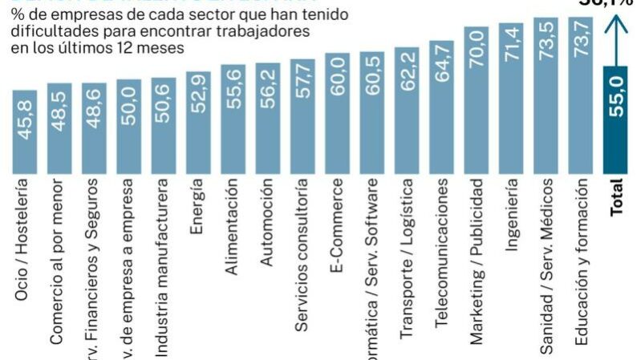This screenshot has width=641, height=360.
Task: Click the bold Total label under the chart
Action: [x=618, y=196]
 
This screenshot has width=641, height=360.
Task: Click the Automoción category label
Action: [x=267, y=222]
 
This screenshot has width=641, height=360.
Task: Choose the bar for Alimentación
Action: [x=233, y=119]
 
